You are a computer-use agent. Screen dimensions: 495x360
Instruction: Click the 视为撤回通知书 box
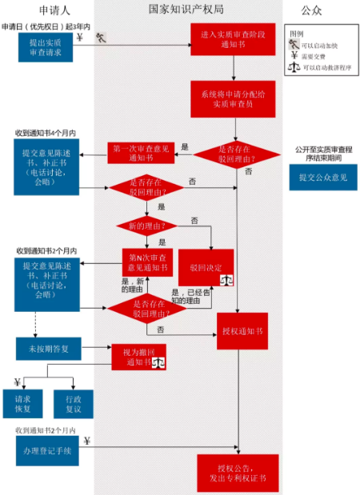(143, 356)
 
